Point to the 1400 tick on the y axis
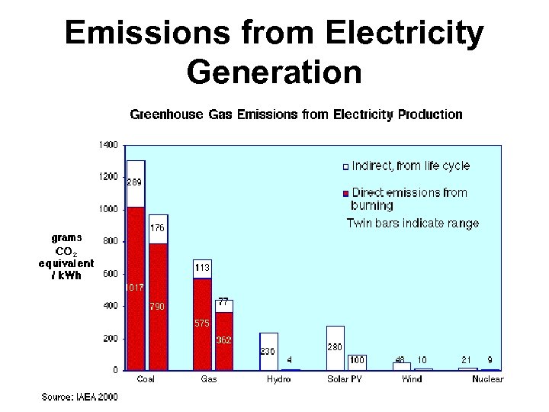tap(108, 144)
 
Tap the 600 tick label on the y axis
tap(111, 273)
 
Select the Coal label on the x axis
tap(146, 379)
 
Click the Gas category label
tap(208, 379)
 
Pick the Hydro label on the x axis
tap(278, 379)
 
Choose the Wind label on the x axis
tap(412, 379)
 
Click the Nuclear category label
tap(487, 379)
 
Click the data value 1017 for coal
tap(134, 288)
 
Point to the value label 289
tap(134, 182)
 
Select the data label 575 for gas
tap(201, 323)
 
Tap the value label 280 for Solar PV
tap(335, 347)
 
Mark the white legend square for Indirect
tap(345, 166)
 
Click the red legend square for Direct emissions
tap(345, 193)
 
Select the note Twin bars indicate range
tap(413, 224)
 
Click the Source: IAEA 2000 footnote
tap(79, 397)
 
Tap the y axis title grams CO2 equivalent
tap(67, 256)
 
